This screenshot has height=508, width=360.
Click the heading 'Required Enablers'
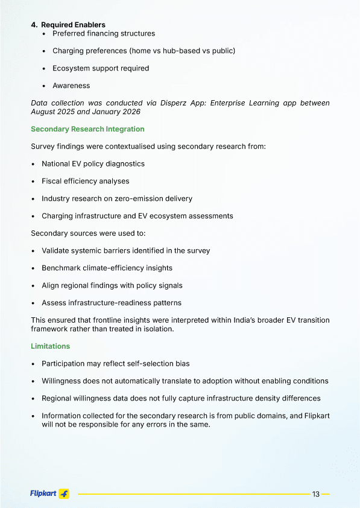pyautogui.click(x=73, y=25)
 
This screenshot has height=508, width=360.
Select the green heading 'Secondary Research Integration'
pyautogui.click(x=87, y=129)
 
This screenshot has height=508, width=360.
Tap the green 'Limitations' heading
pyautogui.click(x=50, y=346)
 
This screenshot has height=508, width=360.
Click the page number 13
pyautogui.click(x=315, y=494)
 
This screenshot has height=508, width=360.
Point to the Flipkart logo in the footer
pyautogui.click(x=49, y=494)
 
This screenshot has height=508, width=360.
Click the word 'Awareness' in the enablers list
pyautogui.click(x=71, y=86)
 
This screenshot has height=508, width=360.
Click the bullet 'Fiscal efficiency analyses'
pyautogui.click(x=85, y=181)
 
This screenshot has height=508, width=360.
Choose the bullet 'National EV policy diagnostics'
pyautogui.click(x=93, y=164)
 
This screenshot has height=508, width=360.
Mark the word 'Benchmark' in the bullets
pyautogui.click(x=60, y=268)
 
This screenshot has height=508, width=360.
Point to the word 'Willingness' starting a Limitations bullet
pyautogui.click(x=63, y=381)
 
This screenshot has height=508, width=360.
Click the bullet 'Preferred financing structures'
pyautogui.click(x=104, y=34)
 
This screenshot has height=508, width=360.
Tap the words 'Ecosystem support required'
pyautogui.click(x=100, y=68)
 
